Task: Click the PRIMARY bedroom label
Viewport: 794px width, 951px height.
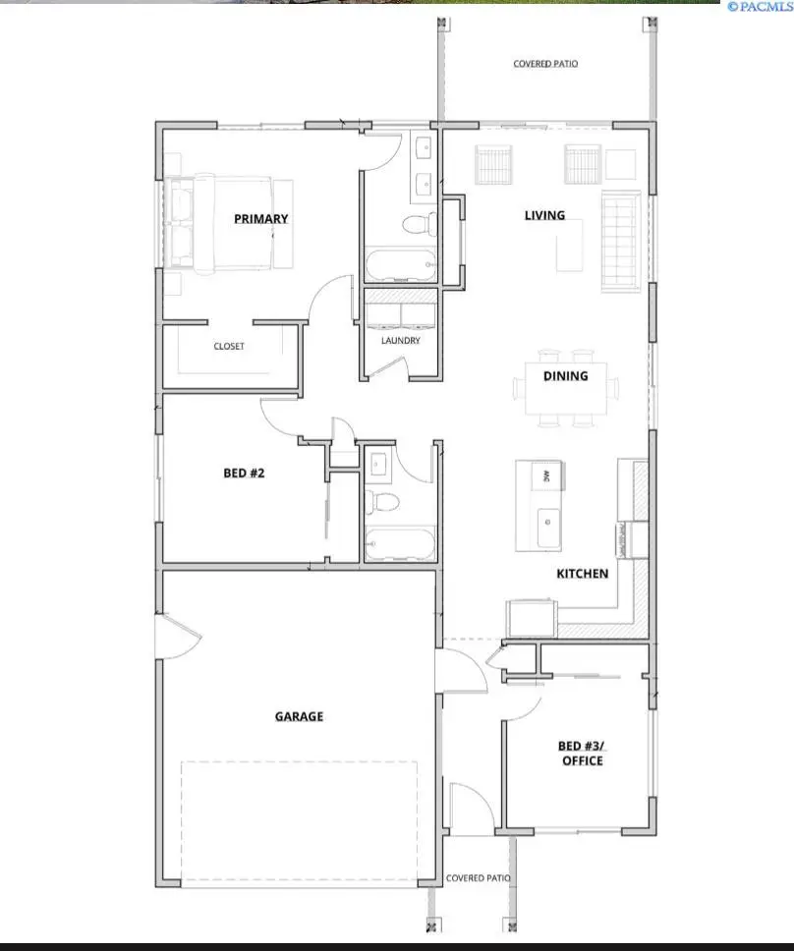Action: pyautogui.click(x=260, y=219)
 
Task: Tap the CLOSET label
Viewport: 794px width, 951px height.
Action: pyautogui.click(x=229, y=346)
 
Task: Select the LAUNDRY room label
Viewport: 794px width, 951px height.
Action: pyautogui.click(x=401, y=341)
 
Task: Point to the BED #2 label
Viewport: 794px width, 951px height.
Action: pyautogui.click(x=245, y=473)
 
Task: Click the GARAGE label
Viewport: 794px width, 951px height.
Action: pyautogui.click(x=299, y=717)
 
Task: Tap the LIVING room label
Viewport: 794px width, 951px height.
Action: pyautogui.click(x=544, y=215)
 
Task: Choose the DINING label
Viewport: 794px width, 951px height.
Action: pyautogui.click(x=565, y=375)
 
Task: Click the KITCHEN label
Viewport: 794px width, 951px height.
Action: pyautogui.click(x=582, y=574)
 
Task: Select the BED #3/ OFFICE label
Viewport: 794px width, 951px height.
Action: pyautogui.click(x=581, y=753)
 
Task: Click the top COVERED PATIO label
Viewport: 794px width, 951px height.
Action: pyautogui.click(x=545, y=64)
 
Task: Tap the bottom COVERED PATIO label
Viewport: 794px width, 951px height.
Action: pyautogui.click(x=478, y=878)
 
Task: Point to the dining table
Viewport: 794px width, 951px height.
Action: pyautogui.click(x=565, y=388)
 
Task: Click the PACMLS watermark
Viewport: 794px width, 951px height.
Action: pyautogui.click(x=760, y=6)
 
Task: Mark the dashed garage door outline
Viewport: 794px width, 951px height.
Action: pyautogui.click(x=300, y=820)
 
